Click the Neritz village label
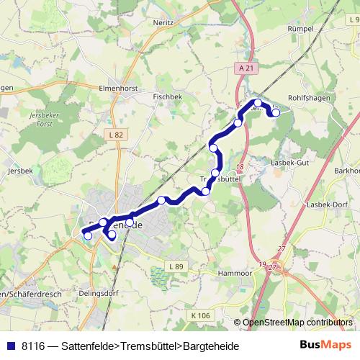pyautogui.click(x=163, y=22)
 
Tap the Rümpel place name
pyautogui.click(x=300, y=28)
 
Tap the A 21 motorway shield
pyautogui.click(x=246, y=68)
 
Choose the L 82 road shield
pyautogui.click(x=117, y=135)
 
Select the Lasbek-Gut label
pyautogui.click(x=290, y=163)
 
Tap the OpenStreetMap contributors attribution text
pyautogui.click(x=297, y=323)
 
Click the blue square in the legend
pyautogui.click(x=10, y=346)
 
